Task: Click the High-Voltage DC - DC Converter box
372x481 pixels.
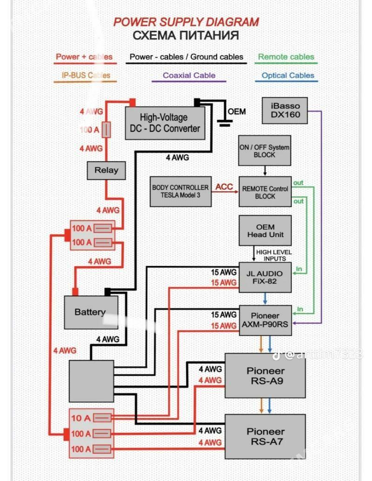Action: pyautogui.click(x=165, y=123)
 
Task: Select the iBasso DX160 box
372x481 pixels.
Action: pyautogui.click(x=285, y=110)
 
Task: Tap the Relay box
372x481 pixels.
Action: pyautogui.click(x=106, y=170)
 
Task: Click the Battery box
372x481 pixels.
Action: pyautogui.click(x=90, y=312)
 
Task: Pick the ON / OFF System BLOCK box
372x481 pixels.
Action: pyautogui.click(x=265, y=151)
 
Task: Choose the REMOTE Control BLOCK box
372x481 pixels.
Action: pyautogui.click(x=265, y=192)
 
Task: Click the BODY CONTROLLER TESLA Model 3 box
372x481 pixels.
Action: pyautogui.click(x=180, y=192)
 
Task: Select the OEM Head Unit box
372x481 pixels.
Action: pyautogui.click(x=265, y=230)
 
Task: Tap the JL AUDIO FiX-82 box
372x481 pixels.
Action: pyautogui.click(x=265, y=277)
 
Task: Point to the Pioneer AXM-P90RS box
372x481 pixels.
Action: pyautogui.click(x=265, y=320)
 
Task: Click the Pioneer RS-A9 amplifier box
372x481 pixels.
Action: pyautogui.click(x=265, y=376)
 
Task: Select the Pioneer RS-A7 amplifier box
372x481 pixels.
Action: pyautogui.click(x=265, y=437)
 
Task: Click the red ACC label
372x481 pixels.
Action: pyautogui.click(x=224, y=187)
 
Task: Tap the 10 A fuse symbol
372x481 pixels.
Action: pyautogui.click(x=102, y=418)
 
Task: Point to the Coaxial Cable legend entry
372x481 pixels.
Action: pyautogui.click(x=189, y=75)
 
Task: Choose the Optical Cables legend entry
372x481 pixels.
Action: pyautogui.click(x=287, y=75)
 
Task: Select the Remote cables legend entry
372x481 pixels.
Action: pyautogui.click(x=286, y=57)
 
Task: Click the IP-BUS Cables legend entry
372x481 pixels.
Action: pyautogui.click(x=86, y=75)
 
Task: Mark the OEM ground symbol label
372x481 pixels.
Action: pyautogui.click(x=237, y=112)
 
